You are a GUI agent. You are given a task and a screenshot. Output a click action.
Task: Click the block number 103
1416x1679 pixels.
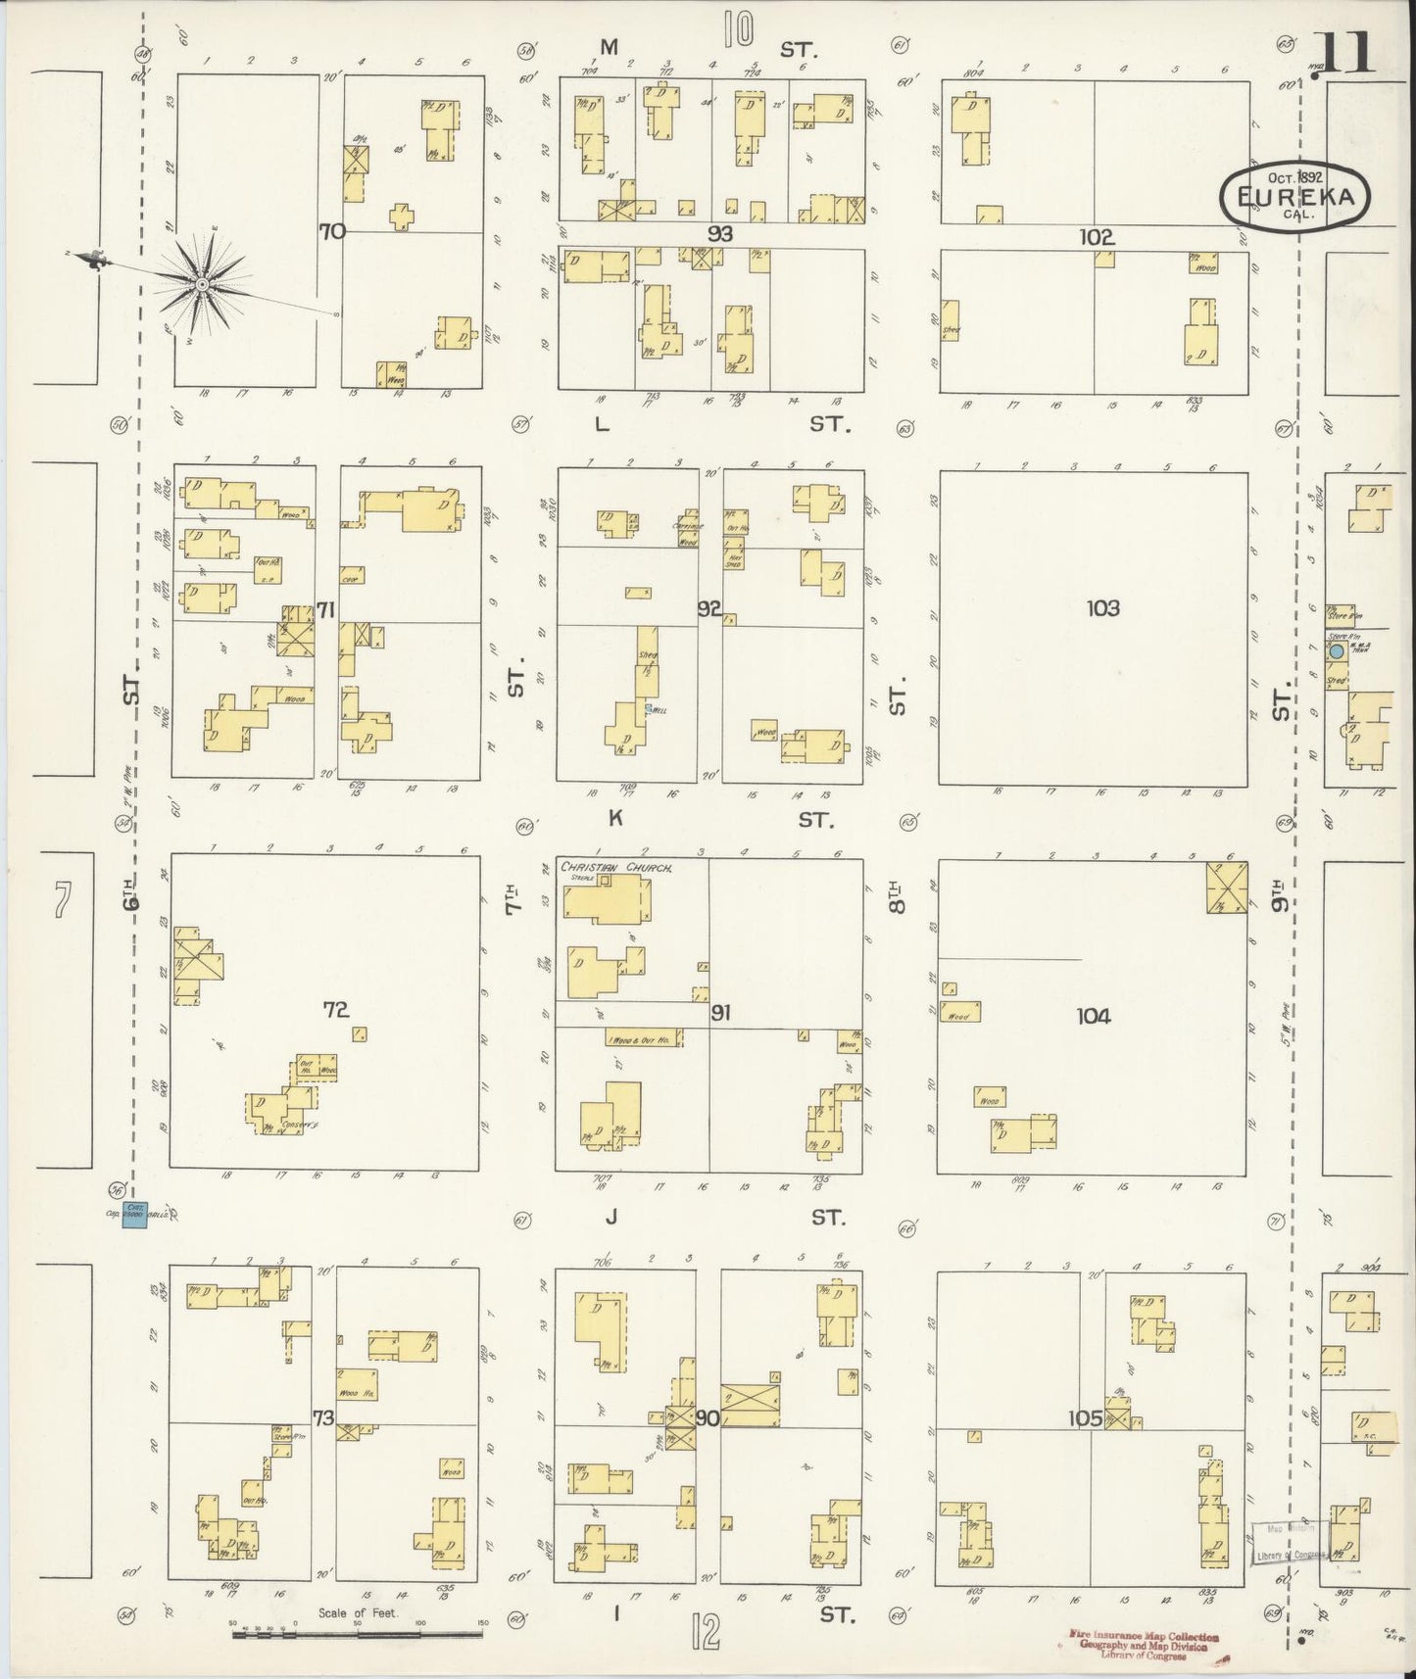click(x=1102, y=608)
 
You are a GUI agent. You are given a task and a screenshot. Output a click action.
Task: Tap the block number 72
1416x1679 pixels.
click(x=336, y=1009)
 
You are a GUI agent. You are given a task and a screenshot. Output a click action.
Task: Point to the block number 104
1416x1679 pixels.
click(x=1093, y=1016)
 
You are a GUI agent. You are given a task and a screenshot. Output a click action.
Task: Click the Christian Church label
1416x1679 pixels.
click(x=606, y=867)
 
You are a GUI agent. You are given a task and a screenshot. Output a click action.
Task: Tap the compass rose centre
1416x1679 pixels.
click(x=202, y=284)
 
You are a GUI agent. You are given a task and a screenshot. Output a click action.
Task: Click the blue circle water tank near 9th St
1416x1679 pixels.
click(x=1336, y=650)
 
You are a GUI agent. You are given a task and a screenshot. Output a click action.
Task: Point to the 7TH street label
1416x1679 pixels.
click(x=513, y=896)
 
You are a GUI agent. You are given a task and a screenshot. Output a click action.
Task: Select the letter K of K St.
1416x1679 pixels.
click(x=615, y=819)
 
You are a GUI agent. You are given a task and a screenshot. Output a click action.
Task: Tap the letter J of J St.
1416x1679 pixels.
click(x=611, y=1218)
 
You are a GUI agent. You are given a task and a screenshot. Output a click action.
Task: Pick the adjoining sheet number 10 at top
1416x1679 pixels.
click(x=739, y=28)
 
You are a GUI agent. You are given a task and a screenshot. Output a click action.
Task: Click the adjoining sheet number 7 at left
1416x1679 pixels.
click(x=63, y=900)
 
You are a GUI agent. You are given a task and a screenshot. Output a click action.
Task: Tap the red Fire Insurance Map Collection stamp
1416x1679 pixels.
click(x=1142, y=1646)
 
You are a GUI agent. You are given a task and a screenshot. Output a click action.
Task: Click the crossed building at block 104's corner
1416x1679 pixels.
click(x=1227, y=887)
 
